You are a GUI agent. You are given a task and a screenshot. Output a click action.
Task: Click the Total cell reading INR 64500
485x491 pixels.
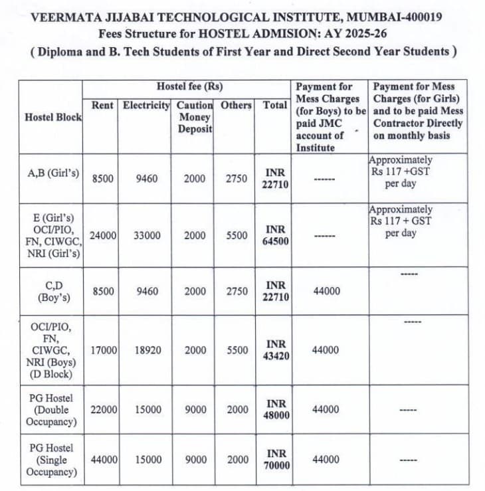tap(276, 235)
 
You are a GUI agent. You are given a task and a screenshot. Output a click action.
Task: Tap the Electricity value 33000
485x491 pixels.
tap(146, 235)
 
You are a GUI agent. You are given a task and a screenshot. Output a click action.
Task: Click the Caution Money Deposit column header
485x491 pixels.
tap(195, 116)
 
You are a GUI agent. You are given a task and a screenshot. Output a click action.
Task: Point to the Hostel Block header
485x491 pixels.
tap(53, 117)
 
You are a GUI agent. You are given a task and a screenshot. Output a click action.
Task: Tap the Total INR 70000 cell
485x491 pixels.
tap(276, 459)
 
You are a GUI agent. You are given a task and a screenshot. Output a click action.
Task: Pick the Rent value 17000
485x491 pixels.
tap(102, 350)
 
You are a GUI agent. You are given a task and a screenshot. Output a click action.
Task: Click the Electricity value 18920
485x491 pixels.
tap(146, 350)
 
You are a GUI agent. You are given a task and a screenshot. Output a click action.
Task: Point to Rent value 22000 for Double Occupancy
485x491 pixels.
tap(102, 410)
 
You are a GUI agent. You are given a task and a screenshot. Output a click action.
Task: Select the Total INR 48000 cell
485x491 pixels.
tap(276, 409)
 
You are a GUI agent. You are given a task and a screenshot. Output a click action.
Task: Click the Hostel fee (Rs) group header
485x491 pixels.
tap(189, 86)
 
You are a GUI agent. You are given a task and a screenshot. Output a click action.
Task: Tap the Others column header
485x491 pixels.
tap(236, 105)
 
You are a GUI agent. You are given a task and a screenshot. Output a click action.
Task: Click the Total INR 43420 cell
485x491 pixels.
tap(276, 350)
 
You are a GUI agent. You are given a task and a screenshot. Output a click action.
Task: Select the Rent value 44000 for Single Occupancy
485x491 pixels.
tap(102, 460)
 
